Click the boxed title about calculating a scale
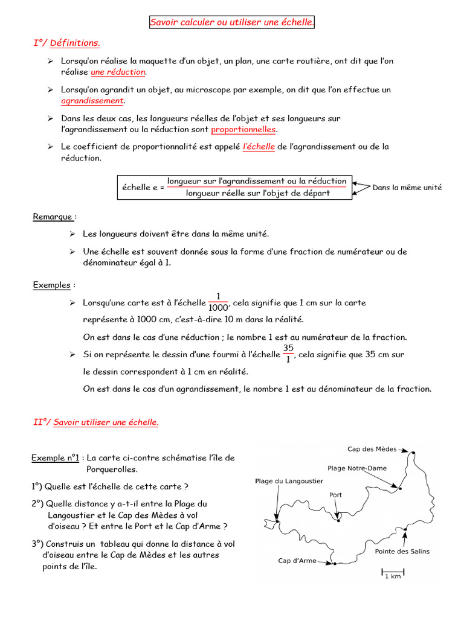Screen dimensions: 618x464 [233, 22]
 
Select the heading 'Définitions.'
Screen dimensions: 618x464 [75, 43]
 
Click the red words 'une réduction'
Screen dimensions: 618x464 [118, 72]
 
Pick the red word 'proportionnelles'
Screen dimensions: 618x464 [243, 130]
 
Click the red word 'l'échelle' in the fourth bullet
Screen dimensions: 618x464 [259, 147]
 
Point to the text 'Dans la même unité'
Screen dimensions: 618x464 [407, 188]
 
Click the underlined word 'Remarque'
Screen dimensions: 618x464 [53, 217]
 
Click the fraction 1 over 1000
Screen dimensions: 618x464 [218, 302]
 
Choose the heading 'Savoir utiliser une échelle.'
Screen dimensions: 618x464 [106, 422]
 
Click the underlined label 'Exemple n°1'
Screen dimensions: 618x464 [56, 458]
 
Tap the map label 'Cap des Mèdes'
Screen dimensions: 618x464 [372, 449]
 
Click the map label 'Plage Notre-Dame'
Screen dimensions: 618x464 [357, 468]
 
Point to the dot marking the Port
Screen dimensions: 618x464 [338, 521]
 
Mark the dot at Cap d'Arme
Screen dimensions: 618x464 [333, 564]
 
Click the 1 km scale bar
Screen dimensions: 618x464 [392, 570]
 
